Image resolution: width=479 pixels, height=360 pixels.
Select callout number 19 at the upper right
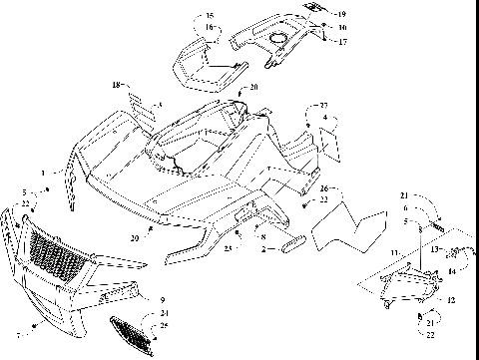coord(341,14)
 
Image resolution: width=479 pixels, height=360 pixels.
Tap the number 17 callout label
coord(341,41)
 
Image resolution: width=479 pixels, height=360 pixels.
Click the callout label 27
coord(323,106)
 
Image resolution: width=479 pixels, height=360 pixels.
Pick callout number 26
coord(325,186)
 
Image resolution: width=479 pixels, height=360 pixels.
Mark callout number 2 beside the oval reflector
coord(261,248)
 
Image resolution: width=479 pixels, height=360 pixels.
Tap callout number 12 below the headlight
coord(451,300)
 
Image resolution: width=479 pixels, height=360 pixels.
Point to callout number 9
coord(162,298)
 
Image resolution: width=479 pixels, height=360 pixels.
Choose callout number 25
coord(165,325)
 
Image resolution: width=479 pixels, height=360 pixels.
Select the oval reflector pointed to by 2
coord(294,243)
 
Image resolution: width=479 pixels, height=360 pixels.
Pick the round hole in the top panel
coord(277,39)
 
